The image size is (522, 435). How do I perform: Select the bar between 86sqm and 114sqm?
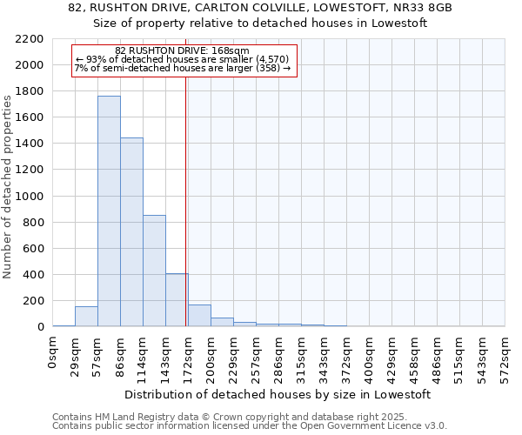click(131, 232)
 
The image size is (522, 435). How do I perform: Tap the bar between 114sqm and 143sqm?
click(154, 271)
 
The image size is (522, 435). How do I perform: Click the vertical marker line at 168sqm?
click(185, 191)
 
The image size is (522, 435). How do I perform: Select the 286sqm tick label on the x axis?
click(279, 354)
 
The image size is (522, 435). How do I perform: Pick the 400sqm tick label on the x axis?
click(370, 354)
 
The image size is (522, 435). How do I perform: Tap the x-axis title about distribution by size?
click(278, 394)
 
